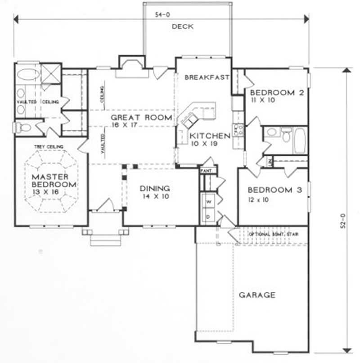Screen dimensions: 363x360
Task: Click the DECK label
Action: point(183,27)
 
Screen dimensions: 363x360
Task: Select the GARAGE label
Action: point(257,295)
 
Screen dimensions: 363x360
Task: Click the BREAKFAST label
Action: point(207,77)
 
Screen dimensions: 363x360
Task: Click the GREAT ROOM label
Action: point(141,118)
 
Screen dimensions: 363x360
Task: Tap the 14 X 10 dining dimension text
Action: point(154,197)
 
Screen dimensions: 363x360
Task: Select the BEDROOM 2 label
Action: point(274,93)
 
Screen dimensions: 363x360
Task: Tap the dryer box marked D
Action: point(208,216)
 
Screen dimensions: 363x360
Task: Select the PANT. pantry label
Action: point(207,171)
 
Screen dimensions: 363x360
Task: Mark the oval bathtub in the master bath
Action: point(28,74)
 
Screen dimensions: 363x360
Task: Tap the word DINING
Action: point(154,189)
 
